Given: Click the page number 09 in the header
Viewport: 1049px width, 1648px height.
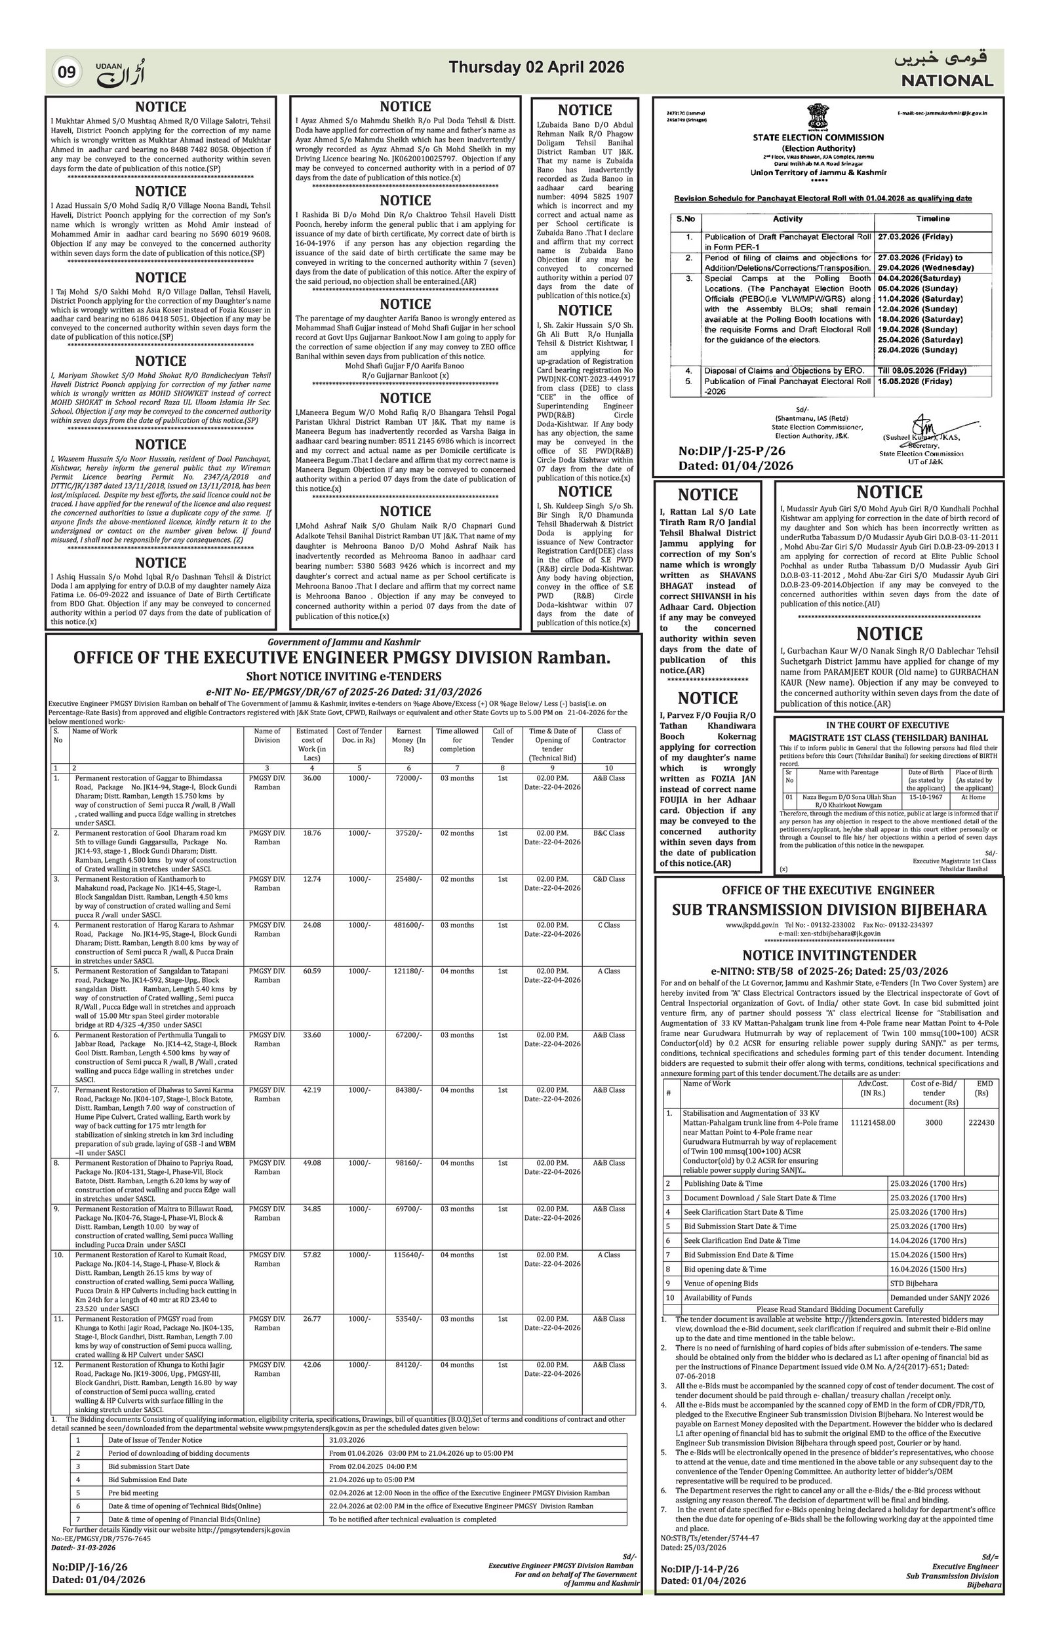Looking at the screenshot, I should tap(66, 71).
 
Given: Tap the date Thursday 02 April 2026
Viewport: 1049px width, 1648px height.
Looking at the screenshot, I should tap(536, 67).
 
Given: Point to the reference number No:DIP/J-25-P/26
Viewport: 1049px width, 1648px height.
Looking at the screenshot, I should tap(732, 451).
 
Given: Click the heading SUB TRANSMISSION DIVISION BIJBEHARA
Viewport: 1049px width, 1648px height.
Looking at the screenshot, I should tap(829, 910).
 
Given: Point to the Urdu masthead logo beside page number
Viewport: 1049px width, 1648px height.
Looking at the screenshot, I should tap(121, 73).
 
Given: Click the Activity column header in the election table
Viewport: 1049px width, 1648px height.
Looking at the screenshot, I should tap(787, 219).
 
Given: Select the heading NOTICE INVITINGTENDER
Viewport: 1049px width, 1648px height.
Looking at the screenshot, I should tap(829, 954).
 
